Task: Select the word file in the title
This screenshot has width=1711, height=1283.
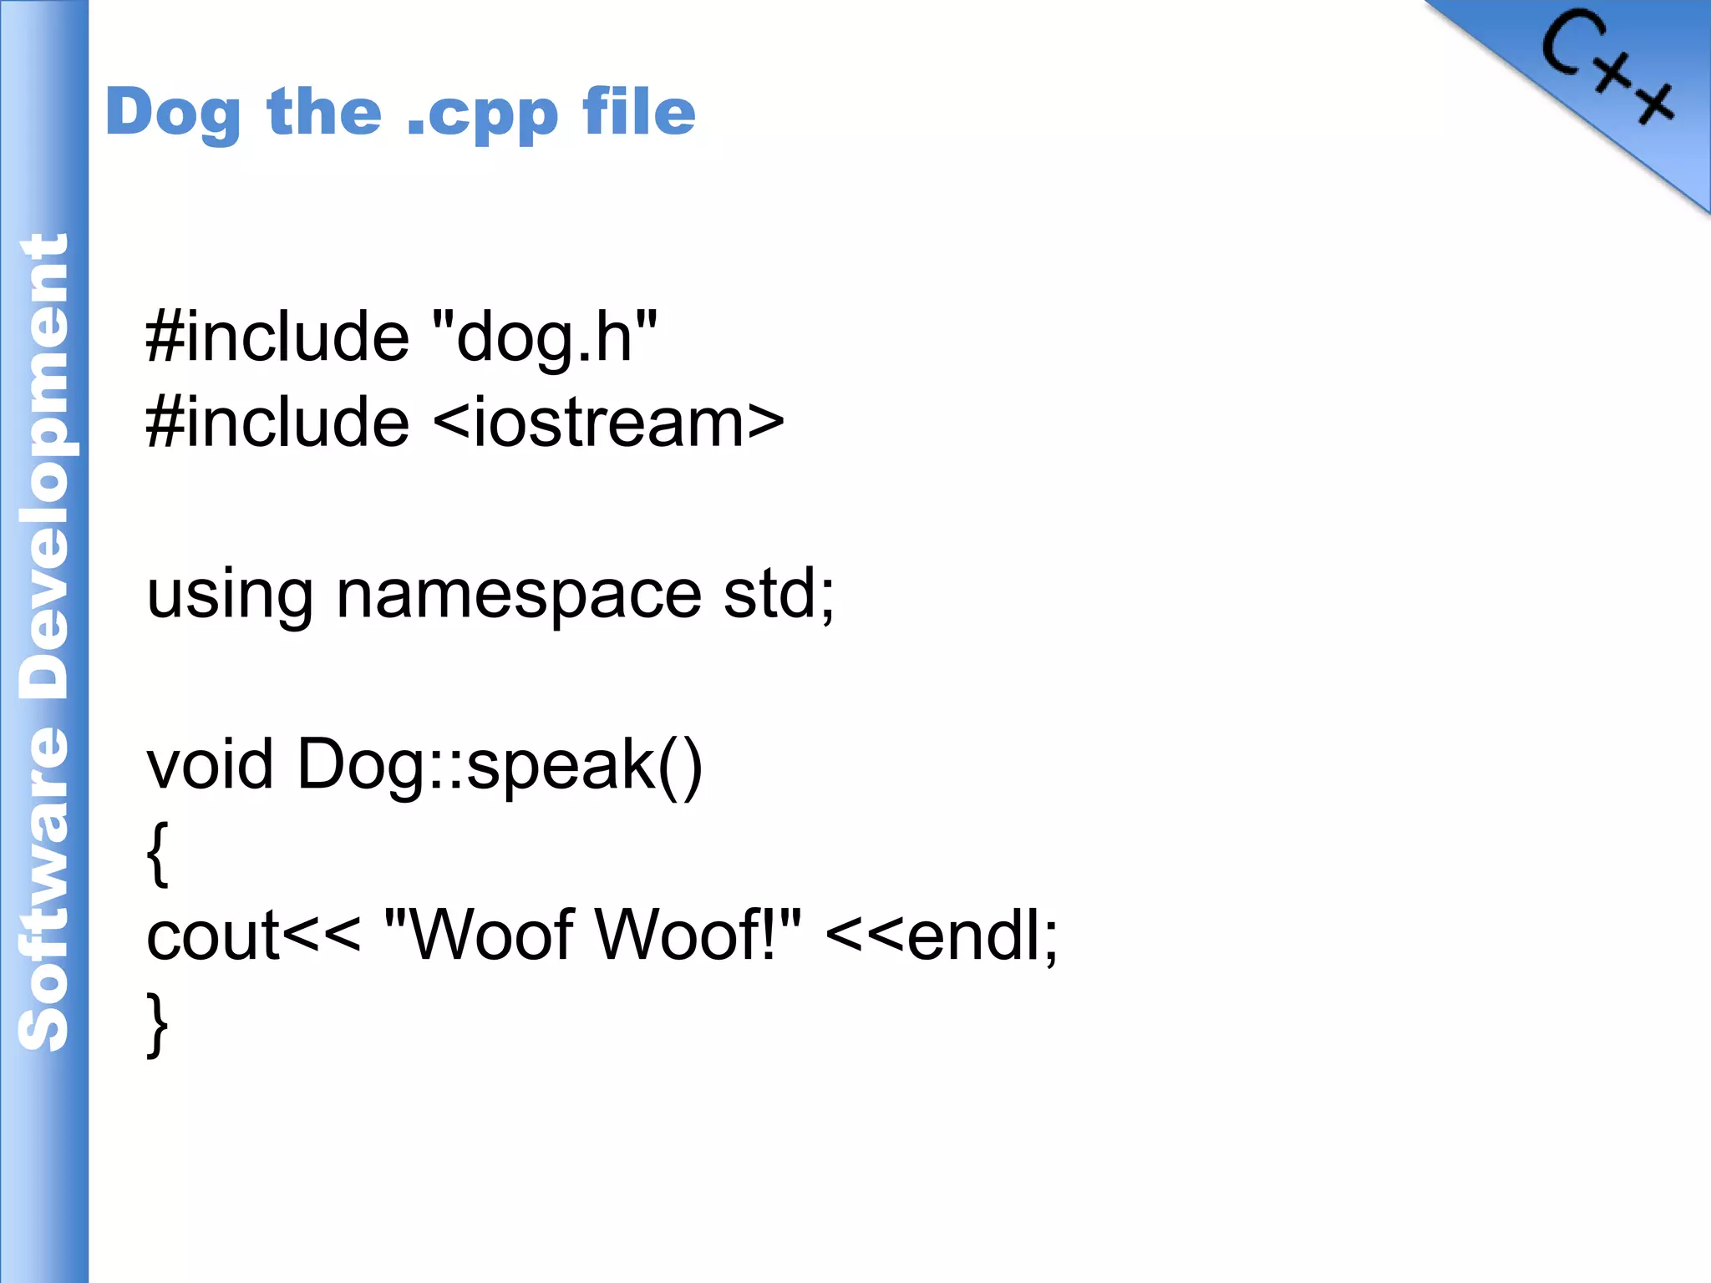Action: tap(639, 112)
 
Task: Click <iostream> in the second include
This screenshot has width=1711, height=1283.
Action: tap(609, 423)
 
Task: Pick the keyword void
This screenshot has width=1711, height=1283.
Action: tap(210, 764)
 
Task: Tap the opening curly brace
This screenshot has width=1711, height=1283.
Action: tap(157, 852)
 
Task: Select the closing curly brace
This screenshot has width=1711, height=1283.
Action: tap(157, 1024)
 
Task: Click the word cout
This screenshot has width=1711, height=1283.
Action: tap(212, 936)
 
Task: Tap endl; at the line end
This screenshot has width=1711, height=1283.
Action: tap(982, 936)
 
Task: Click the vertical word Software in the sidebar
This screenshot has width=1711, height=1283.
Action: tap(43, 890)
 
